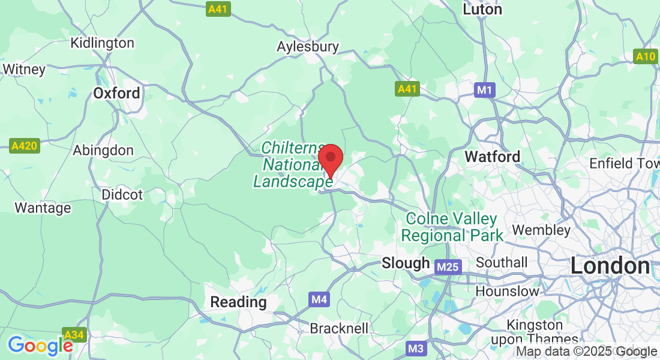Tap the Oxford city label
pos(116,93)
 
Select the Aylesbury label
pos(308,46)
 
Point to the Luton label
pos(482,10)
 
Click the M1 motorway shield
pos(484,90)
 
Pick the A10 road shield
pos(646,56)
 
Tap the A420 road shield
pos(25,145)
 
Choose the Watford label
pos(493,157)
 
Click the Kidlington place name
pos(102,43)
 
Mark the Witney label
pos(24,69)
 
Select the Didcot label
pos(122,194)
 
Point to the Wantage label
pos(43,208)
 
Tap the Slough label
pos(406,263)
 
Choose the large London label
pos(610,266)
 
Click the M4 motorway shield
pos(320,298)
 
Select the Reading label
pos(238,302)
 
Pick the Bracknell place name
pos(339,328)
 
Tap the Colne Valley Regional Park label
pos(452,226)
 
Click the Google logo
pos(40,346)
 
